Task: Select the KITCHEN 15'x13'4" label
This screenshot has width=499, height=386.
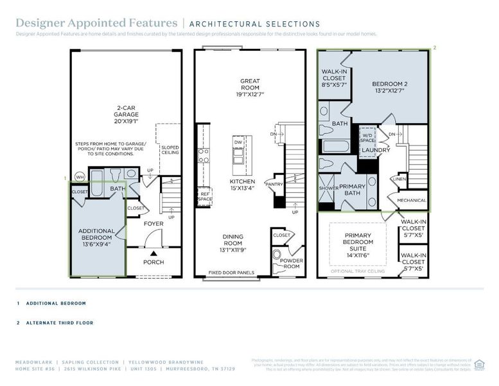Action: pyautogui.click(x=243, y=185)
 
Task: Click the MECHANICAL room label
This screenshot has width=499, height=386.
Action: pyautogui.click(x=411, y=200)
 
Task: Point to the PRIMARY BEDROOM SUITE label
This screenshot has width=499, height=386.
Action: pyautogui.click(x=358, y=242)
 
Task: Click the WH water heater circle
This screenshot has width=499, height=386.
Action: pyautogui.click(x=80, y=177)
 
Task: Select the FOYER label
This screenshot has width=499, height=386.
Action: pyautogui.click(x=153, y=224)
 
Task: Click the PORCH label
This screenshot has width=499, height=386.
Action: pyautogui.click(x=153, y=262)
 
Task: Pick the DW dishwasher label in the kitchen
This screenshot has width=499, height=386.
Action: pyautogui.click(x=238, y=142)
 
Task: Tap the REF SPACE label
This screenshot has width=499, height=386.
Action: pyautogui.click(x=205, y=196)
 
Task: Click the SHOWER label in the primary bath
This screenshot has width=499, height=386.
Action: pyautogui.click(x=329, y=188)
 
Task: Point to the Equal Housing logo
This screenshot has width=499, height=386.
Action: pyautogui.click(x=478, y=364)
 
